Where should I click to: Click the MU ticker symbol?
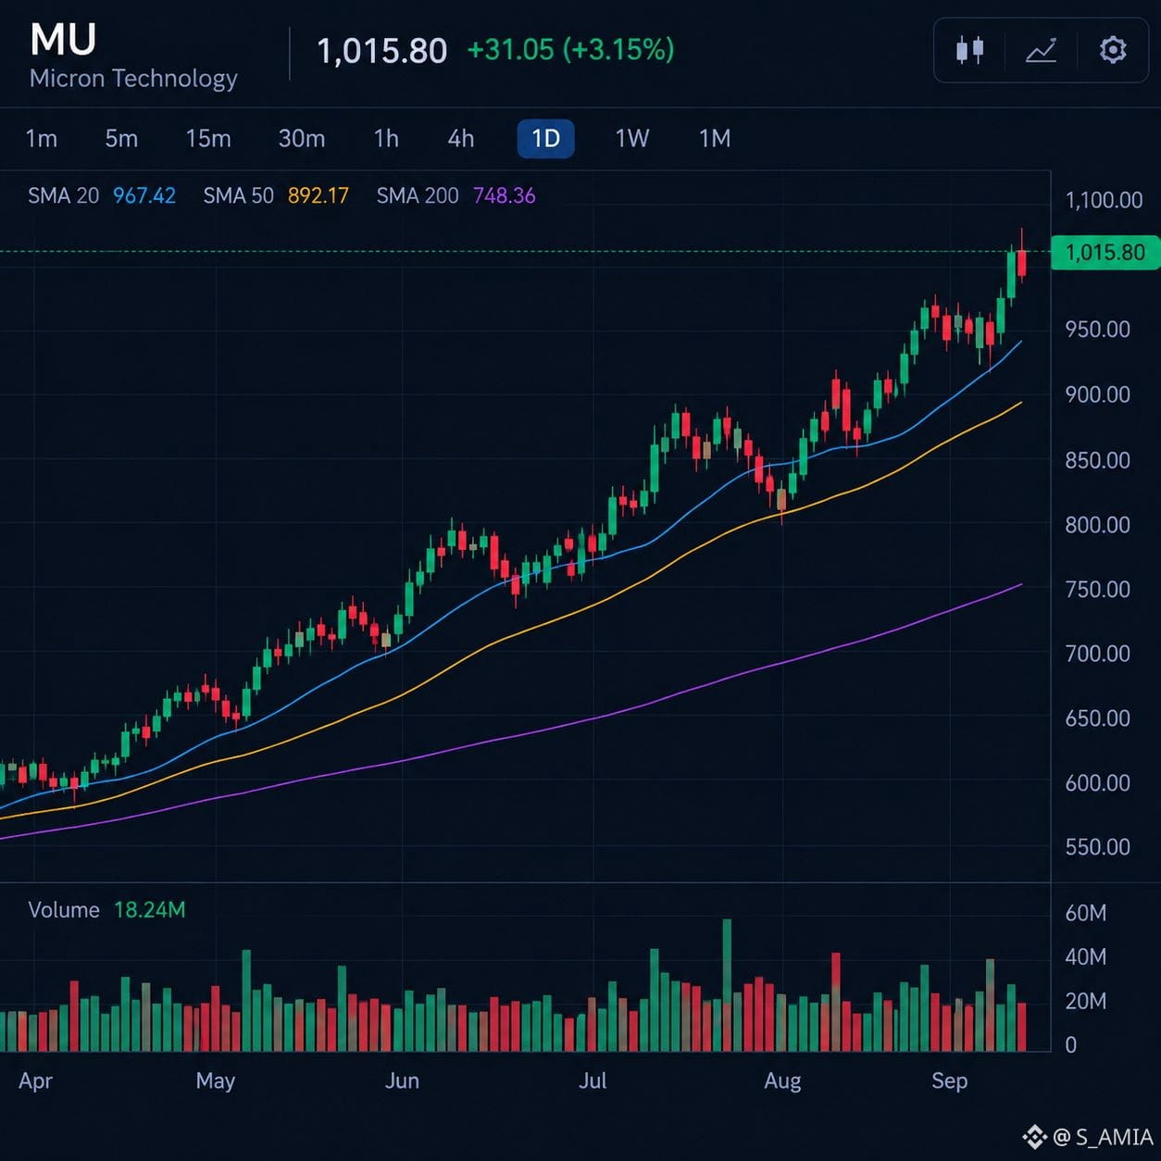pos(63,40)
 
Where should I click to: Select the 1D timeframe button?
pos(546,139)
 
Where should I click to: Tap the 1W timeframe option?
pos(632,139)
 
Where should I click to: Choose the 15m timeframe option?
pos(208,139)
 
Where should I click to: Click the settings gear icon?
pos(1112,50)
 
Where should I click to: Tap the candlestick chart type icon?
pos(970,50)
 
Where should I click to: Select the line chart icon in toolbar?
pos(1042,50)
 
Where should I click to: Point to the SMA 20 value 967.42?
pos(144,195)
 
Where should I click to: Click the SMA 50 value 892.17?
pos(318,195)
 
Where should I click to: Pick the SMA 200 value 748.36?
pos(505,195)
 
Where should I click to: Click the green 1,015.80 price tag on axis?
pos(1105,253)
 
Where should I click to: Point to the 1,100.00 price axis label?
pos(1104,200)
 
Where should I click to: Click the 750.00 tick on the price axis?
pos(1098,589)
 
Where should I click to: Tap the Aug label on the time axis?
pos(782,1081)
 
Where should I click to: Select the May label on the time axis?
pos(216,1081)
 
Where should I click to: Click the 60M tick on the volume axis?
pos(1086,913)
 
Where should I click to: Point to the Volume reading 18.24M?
pos(150,910)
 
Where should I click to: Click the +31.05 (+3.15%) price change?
pos(570,49)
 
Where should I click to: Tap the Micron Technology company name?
pos(133,79)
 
